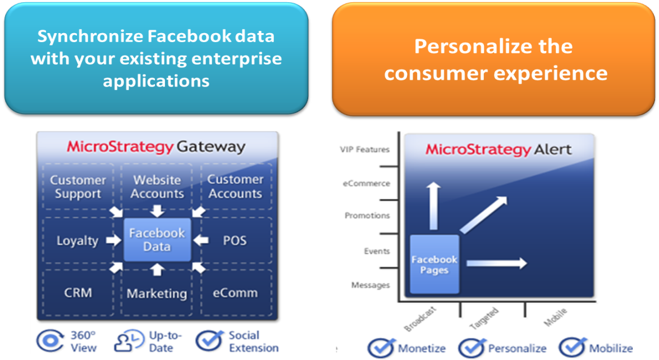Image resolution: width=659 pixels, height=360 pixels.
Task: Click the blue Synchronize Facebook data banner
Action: (156, 58)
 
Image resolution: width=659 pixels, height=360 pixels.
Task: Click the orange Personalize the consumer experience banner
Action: (493, 59)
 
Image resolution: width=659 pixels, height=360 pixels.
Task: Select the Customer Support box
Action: (77, 187)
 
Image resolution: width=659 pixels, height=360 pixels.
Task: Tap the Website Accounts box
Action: (157, 187)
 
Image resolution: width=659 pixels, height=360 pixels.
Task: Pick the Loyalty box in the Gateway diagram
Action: (77, 241)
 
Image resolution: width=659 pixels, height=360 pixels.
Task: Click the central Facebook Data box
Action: (157, 239)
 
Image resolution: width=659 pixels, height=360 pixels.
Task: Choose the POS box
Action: (235, 241)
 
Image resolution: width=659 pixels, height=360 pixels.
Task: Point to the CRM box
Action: (77, 293)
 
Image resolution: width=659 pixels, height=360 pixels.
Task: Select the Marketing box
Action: (157, 293)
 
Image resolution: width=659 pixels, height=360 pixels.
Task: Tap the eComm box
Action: (235, 293)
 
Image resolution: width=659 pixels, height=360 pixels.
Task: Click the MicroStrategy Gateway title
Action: (156, 147)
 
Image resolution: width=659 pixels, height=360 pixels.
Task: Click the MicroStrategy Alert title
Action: (498, 149)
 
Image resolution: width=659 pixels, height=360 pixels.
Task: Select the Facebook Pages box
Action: (434, 265)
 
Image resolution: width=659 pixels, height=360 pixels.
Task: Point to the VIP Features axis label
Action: (364, 149)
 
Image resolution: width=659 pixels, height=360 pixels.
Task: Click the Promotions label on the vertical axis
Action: (367, 216)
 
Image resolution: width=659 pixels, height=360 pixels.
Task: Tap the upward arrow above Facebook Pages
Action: (432, 206)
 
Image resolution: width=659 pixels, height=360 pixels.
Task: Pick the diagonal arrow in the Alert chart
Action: (483, 214)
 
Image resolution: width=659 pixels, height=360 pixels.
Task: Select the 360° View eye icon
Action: (51, 341)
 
